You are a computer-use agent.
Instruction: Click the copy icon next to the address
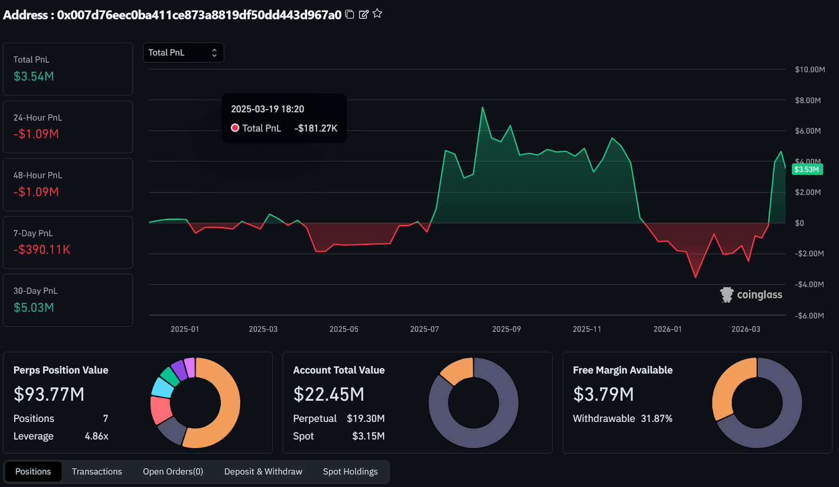(350, 14)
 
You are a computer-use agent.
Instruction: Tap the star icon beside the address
(378, 14)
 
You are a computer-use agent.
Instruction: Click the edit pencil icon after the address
(363, 14)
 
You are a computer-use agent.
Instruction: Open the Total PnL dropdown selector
(183, 52)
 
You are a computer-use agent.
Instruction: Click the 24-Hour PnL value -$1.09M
(36, 134)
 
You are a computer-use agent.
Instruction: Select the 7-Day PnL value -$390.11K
(42, 250)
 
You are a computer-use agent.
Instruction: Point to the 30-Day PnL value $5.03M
(34, 308)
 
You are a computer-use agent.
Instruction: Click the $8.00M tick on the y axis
(808, 100)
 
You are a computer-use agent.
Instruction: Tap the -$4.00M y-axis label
(809, 284)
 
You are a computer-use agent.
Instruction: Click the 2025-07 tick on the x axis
(424, 329)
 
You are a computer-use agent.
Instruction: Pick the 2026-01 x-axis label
(667, 329)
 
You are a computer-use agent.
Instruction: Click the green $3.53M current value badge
(806, 170)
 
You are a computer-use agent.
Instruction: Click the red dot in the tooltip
(235, 128)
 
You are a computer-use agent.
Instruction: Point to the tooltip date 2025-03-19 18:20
(267, 109)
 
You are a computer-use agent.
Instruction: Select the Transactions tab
(96, 471)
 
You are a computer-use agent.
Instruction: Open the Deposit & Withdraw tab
(263, 471)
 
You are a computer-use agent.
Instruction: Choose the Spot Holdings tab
(350, 471)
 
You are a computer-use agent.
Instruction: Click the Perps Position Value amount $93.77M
(49, 394)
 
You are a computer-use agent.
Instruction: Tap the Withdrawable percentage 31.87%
(656, 418)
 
